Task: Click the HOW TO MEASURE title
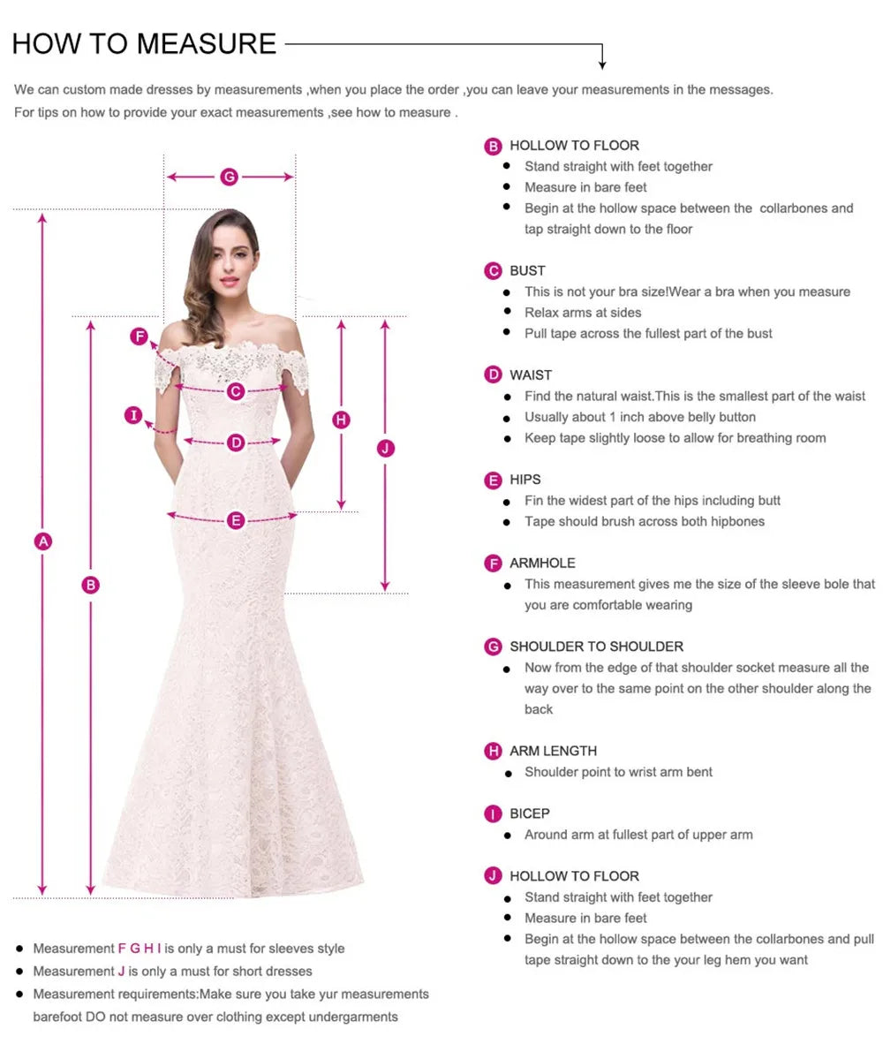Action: click(144, 43)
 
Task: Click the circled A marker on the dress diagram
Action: click(42, 541)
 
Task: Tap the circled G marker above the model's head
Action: click(229, 177)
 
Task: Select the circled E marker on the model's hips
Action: click(235, 520)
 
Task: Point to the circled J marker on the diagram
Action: click(384, 449)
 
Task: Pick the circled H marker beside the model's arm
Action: click(342, 420)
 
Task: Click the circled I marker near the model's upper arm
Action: click(133, 415)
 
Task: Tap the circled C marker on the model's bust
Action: click(235, 390)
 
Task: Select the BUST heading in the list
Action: click(527, 270)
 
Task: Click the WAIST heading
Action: click(531, 374)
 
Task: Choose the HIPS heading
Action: click(525, 480)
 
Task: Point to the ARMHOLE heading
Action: click(542, 563)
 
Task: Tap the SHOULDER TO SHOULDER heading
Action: click(596, 647)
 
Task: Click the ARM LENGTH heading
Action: click(553, 751)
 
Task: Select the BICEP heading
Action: click(530, 813)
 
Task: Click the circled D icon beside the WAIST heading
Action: click(493, 374)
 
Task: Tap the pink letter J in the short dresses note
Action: click(122, 971)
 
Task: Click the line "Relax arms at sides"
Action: click(583, 312)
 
